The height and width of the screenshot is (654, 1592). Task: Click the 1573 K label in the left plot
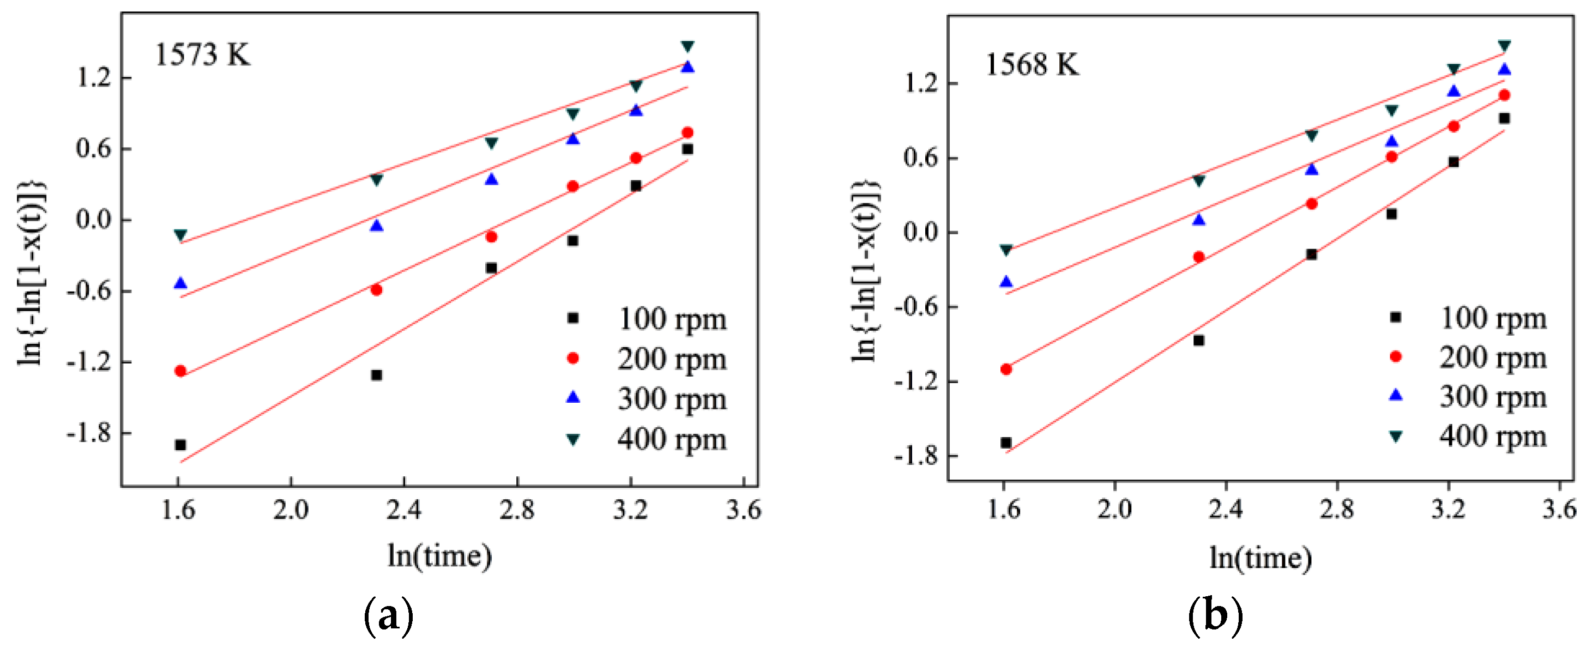pos(203,55)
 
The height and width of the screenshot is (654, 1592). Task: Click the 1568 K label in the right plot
pos(1032,64)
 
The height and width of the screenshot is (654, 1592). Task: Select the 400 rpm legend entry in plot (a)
pos(672,440)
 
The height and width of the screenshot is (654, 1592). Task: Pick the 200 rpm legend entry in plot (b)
pos(1493,358)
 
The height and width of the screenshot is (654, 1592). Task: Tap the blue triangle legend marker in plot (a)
pos(573,397)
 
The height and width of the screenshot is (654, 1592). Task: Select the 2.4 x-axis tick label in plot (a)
pos(403,511)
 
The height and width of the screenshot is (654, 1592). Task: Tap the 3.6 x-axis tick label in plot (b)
pos(1559,510)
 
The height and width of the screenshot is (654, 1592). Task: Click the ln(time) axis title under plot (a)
pos(439,556)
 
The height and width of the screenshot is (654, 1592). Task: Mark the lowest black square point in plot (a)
pos(180,445)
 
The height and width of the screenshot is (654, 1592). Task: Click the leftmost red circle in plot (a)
pos(180,371)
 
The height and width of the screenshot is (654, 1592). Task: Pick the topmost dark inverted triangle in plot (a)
pos(687,46)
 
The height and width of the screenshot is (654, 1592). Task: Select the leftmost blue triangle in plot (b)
pos(1006,282)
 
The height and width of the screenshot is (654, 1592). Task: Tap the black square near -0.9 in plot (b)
pos(1198,340)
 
